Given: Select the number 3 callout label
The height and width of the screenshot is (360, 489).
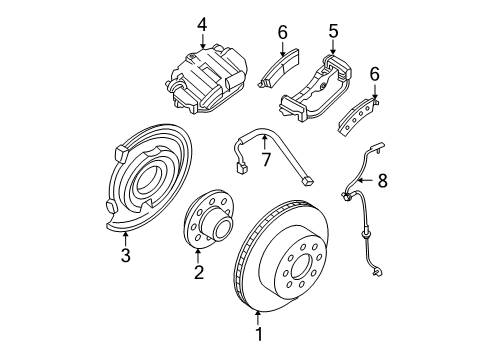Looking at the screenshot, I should pos(126,257).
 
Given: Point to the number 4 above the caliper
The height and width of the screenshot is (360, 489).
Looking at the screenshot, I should pos(202,22).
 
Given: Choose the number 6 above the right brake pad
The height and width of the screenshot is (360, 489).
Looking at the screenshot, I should pos(376,75).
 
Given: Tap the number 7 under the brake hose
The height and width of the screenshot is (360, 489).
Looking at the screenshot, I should pos(266,161).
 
